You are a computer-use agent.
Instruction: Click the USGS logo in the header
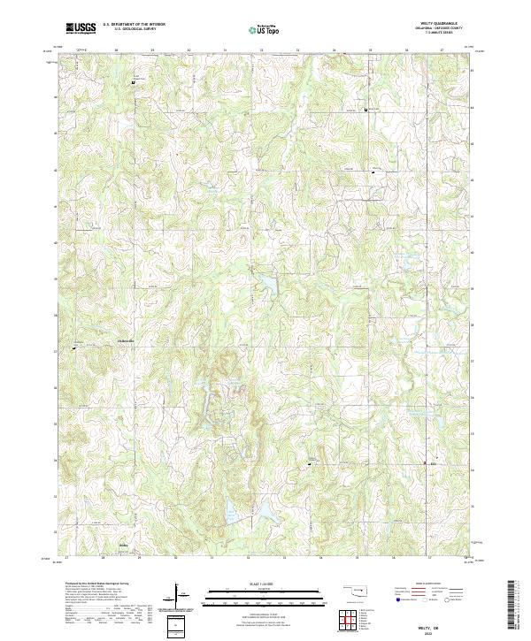coord(81,28)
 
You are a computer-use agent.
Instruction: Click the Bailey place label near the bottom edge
coord(124,546)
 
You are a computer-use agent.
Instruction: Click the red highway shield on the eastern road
coord(434,462)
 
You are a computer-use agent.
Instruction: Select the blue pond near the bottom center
coord(233,510)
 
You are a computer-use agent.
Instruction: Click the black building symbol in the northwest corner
coord(133,84)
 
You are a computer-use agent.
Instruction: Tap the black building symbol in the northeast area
coord(368,109)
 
